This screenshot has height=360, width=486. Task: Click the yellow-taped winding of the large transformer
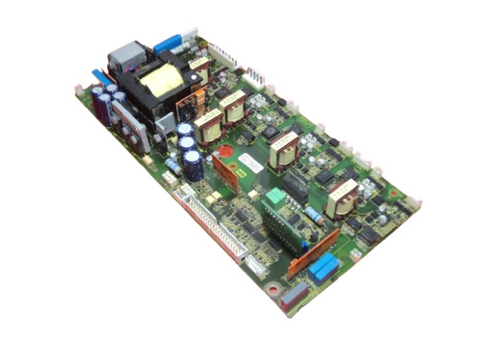coord(161,82)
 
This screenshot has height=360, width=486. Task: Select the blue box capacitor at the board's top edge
coord(167,44)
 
